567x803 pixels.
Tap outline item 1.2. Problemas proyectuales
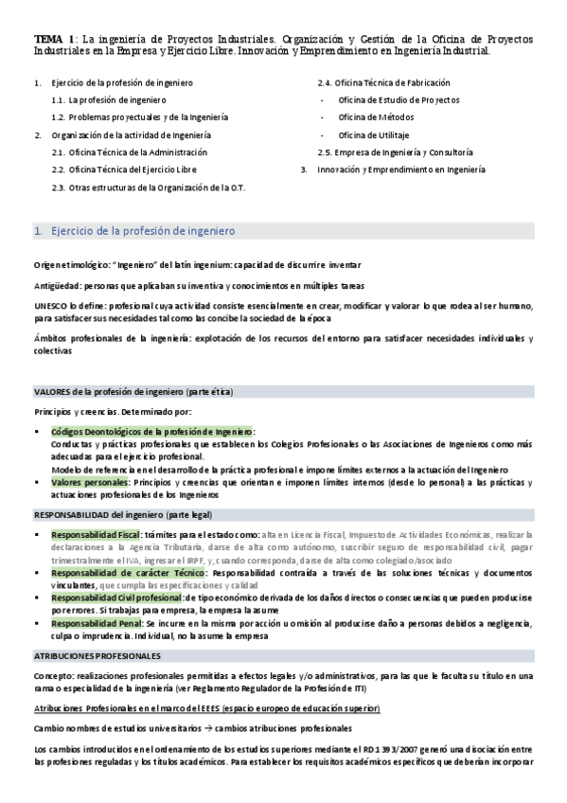click(142, 117)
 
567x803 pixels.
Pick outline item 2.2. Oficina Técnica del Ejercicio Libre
click(133, 170)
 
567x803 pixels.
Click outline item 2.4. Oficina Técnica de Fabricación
click(383, 82)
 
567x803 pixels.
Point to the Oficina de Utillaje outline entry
click(370, 134)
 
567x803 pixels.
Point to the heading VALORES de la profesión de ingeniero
click(133, 392)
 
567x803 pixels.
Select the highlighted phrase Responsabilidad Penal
click(101, 624)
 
